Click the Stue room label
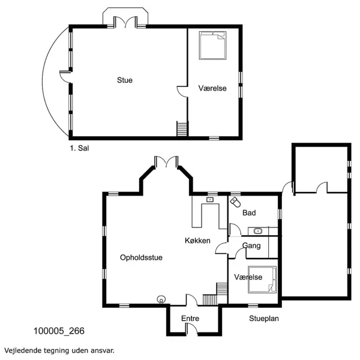125,80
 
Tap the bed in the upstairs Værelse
212,46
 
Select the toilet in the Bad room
235,202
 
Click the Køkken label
197,241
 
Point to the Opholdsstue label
141,257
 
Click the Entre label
190,319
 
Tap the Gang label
251,246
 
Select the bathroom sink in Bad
258,231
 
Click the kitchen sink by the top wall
209,200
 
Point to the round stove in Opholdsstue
161,299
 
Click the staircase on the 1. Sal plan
182,128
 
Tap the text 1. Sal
79,148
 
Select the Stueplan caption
264,319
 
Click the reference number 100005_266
59,331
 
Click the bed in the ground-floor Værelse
262,280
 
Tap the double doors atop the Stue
125,22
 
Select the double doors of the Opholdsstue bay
166,161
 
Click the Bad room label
249,213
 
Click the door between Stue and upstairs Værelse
182,92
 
